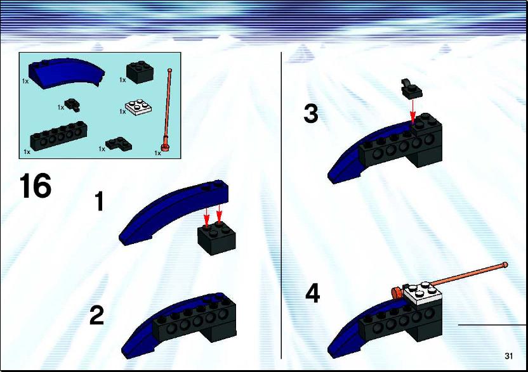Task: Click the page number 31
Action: tap(508, 356)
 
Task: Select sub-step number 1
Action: tap(99, 201)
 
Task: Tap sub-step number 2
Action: tap(96, 316)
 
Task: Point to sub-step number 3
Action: tap(311, 113)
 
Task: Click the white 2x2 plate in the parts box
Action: tap(138, 108)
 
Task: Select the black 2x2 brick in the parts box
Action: tap(140, 72)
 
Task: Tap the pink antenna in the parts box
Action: tap(168, 110)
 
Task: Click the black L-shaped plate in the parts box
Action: tap(119, 144)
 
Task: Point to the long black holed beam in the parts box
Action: tap(58, 136)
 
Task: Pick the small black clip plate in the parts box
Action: tap(73, 105)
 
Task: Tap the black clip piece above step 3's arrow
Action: tap(411, 88)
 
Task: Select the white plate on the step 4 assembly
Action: tap(423, 293)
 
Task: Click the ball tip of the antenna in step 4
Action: tap(505, 265)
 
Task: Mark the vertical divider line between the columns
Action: tap(281, 205)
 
